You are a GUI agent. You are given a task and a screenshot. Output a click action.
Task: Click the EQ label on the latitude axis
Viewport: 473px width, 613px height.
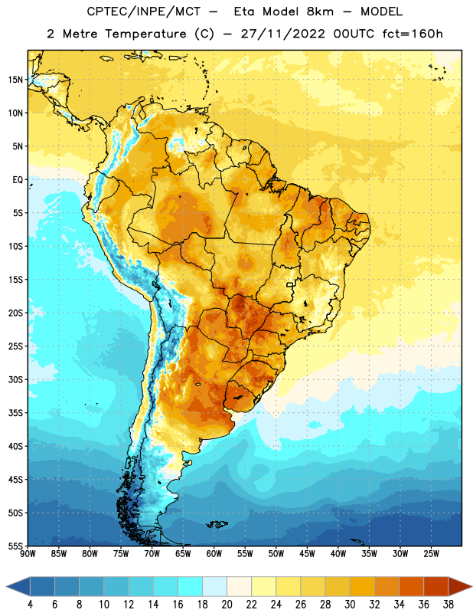pos(18,180)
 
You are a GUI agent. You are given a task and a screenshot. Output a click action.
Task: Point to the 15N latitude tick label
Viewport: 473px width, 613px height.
pos(15,80)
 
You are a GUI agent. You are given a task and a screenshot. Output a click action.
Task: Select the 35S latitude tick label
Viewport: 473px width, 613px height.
pos(15,413)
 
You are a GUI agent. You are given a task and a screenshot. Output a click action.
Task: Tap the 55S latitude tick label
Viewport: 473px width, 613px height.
pos(15,546)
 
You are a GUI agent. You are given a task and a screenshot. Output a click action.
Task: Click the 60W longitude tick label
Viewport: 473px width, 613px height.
pos(214,553)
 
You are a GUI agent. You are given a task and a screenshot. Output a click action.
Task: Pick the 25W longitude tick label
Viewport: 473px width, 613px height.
pos(431,553)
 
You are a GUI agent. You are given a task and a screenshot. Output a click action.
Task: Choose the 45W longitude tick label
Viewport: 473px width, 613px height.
pos(307,553)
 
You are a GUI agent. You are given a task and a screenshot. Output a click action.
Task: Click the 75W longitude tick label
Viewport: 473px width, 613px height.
pos(121,553)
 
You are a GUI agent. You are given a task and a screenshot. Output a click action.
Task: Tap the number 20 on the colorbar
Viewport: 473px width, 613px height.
pos(227,605)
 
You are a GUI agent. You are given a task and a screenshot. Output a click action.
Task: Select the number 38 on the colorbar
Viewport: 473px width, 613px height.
pos(449,605)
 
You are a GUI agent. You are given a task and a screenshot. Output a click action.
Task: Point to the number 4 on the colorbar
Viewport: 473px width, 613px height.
pos(30,605)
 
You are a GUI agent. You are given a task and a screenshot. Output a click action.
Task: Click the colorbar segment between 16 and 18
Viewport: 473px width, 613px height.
pos(190,586)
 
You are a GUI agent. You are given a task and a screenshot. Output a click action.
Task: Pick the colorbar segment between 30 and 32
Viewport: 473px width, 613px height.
pos(362,586)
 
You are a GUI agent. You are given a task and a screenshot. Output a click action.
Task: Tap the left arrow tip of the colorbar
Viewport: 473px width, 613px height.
pos(6,586)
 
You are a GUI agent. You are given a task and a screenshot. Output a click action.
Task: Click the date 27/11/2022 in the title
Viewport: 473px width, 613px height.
pos(282,34)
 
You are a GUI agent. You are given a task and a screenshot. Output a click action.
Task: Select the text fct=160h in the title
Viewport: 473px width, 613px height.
pos(413,34)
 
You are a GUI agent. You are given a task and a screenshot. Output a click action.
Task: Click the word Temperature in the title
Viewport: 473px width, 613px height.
pos(145,34)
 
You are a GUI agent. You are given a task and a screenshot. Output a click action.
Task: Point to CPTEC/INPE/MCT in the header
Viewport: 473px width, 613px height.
pos(144,11)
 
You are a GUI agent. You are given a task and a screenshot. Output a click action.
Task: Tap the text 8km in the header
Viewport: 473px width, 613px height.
pos(320,11)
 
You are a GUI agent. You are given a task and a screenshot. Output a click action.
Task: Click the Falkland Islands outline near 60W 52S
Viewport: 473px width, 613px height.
pos(217,524)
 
